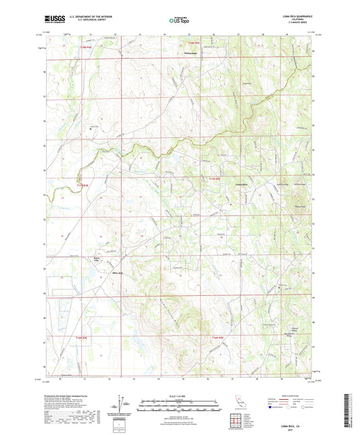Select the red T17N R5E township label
pos(214,178)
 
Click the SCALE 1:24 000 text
pos(180,395)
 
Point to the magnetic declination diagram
pos(123,404)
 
